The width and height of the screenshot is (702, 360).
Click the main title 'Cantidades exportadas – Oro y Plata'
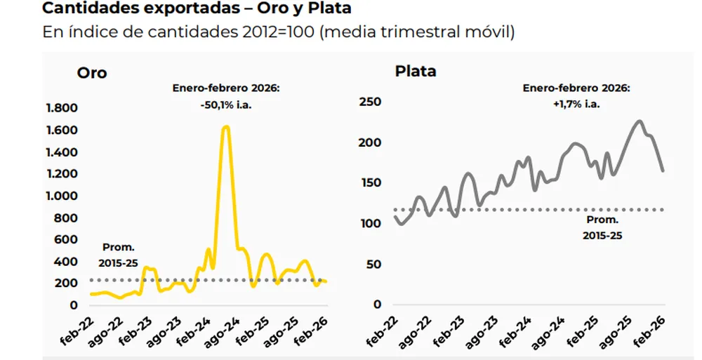(197, 9)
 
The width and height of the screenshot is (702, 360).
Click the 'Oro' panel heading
(92, 72)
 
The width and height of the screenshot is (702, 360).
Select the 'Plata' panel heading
(416, 71)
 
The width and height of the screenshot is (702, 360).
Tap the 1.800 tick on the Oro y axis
(61, 108)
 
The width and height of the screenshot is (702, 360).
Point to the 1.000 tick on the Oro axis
(61, 196)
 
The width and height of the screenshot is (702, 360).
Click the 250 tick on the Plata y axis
(369, 102)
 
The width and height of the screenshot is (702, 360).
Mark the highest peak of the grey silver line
(639, 121)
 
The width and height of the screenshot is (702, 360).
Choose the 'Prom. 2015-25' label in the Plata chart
(602, 227)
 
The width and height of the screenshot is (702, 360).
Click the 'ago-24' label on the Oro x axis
(225, 331)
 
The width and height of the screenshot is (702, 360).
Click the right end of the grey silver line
(663, 170)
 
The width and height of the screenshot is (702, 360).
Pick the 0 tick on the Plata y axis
(377, 305)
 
